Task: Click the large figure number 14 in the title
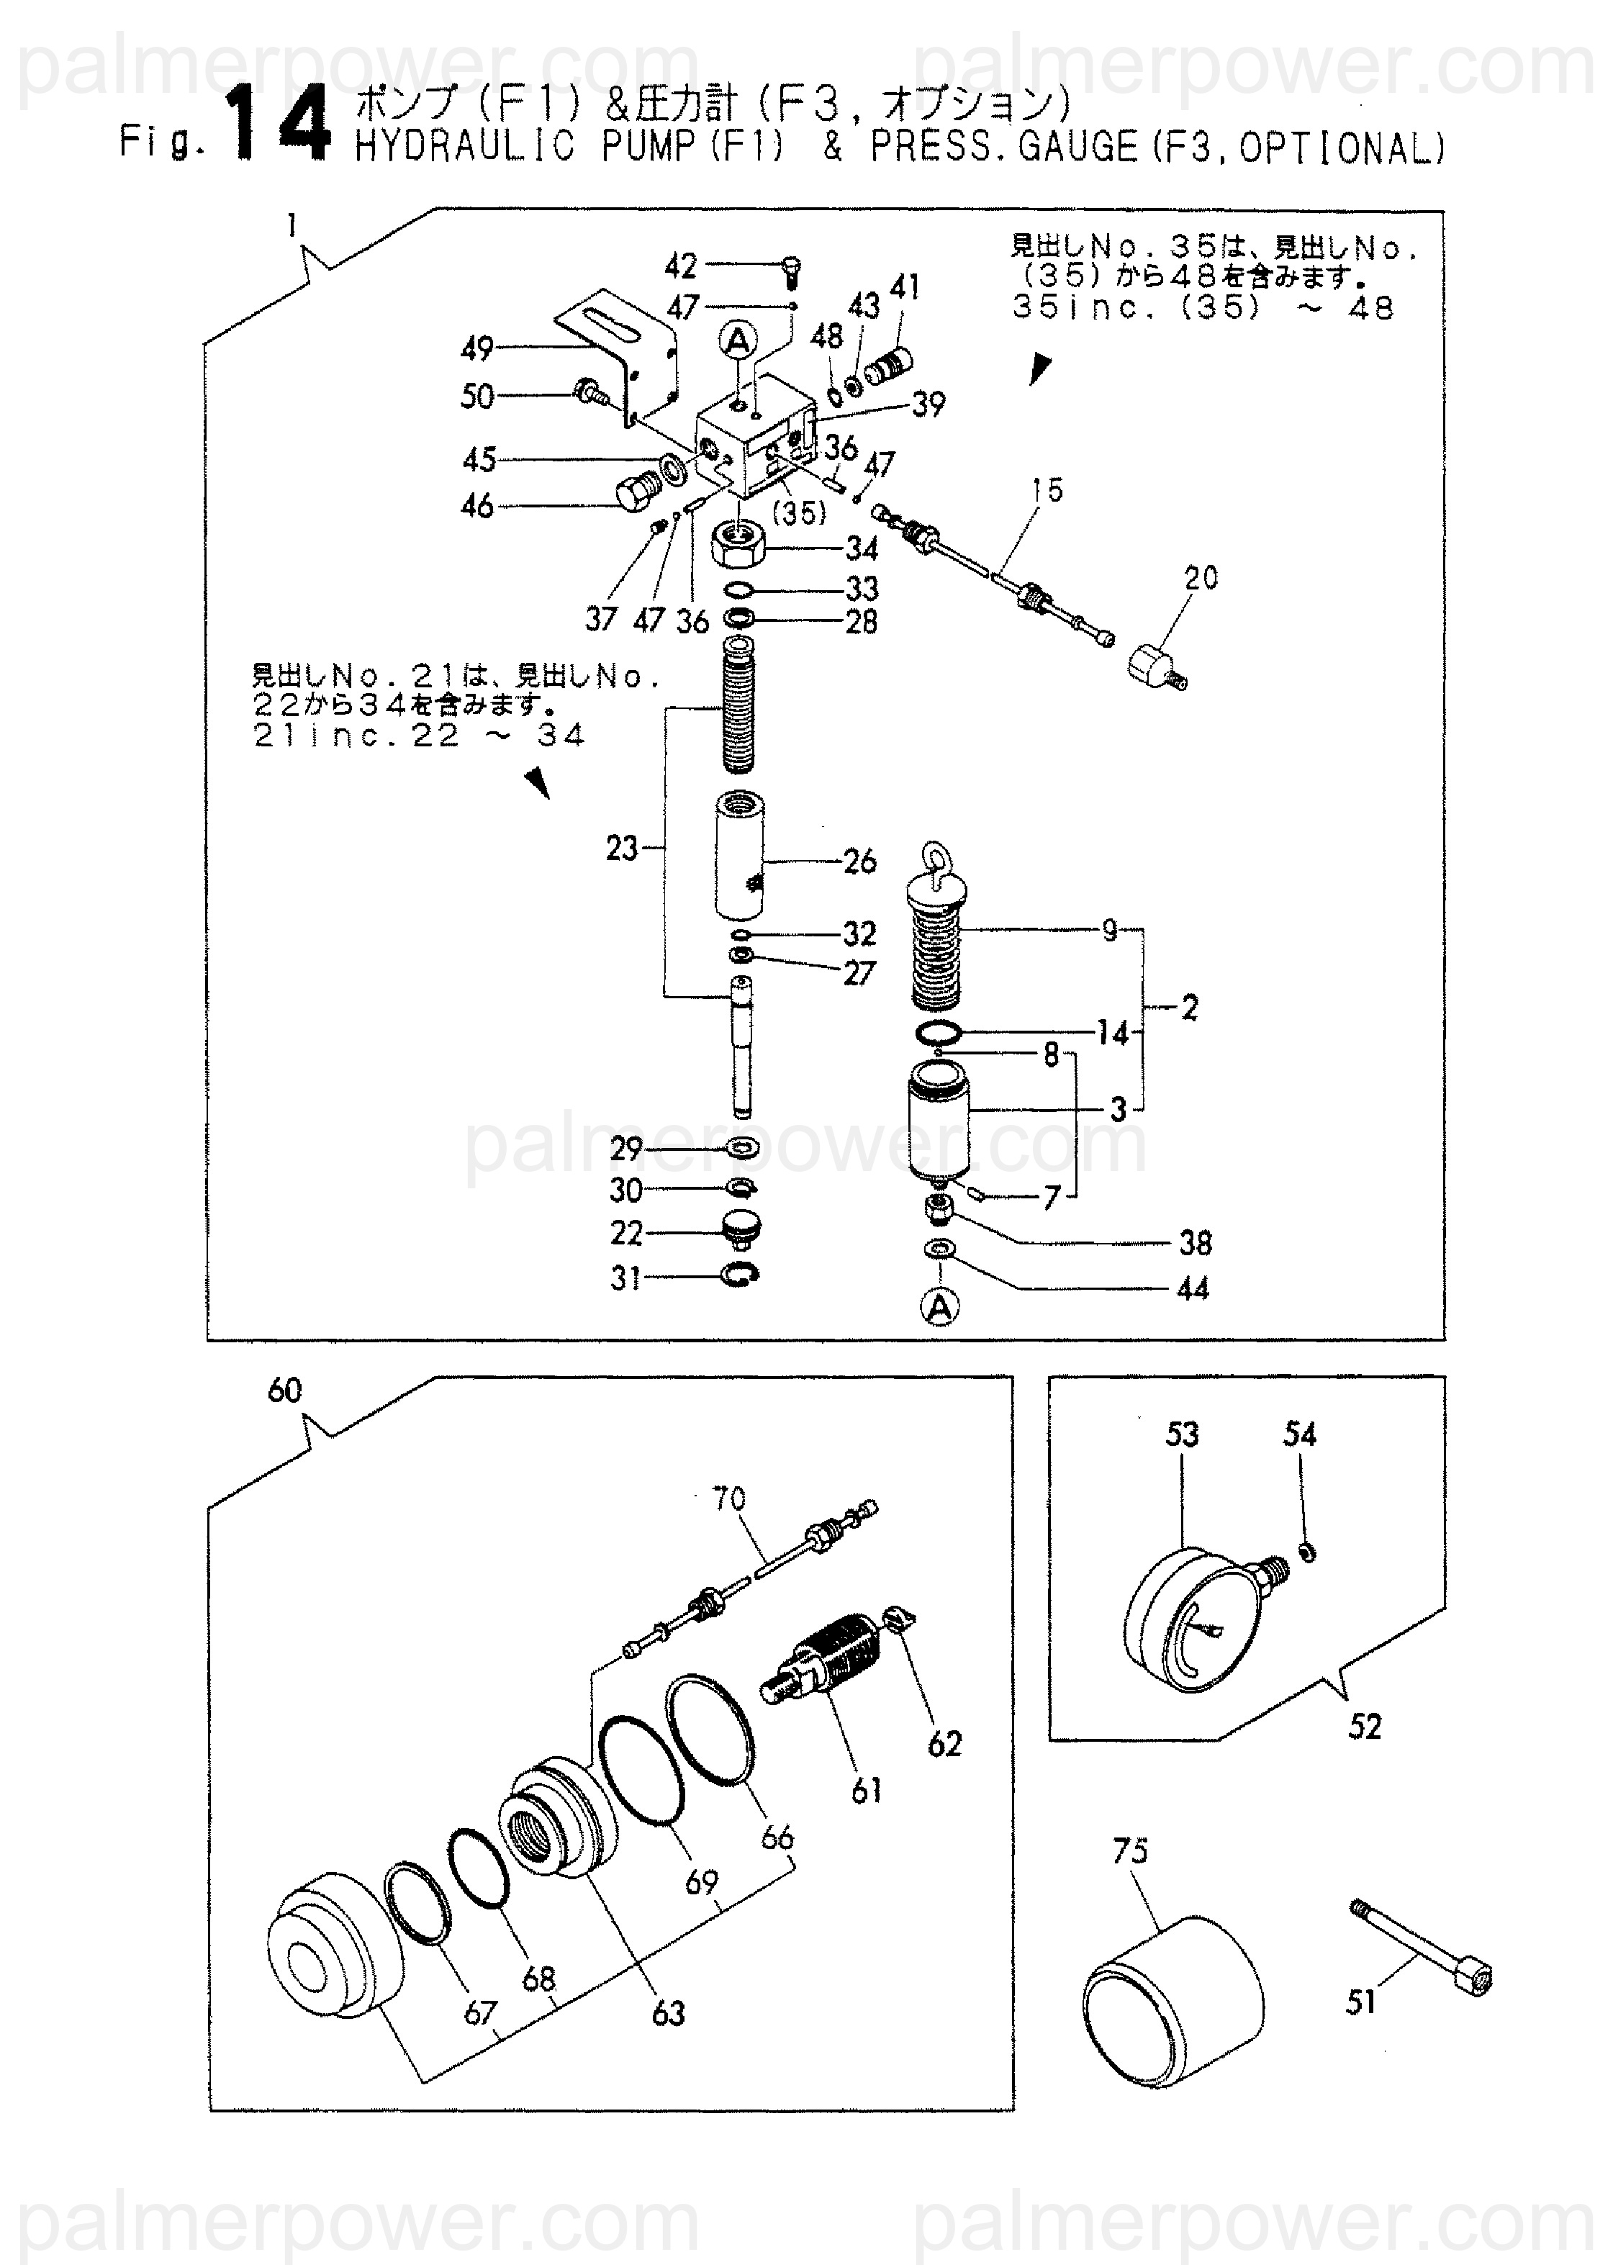click(x=281, y=126)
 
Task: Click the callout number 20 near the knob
click(x=1201, y=577)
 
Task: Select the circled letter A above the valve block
click(x=737, y=343)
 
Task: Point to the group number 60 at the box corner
click(x=284, y=1391)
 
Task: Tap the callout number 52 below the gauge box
click(x=1364, y=1726)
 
